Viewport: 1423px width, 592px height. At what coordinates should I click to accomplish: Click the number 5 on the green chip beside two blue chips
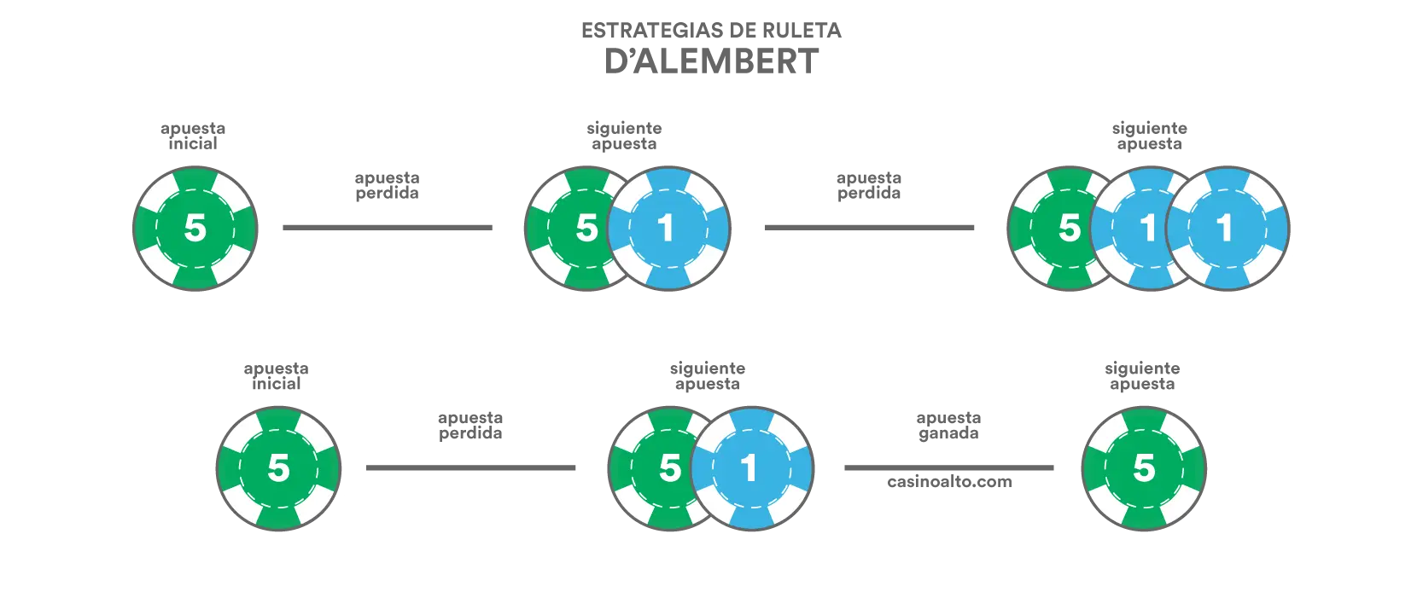1070,228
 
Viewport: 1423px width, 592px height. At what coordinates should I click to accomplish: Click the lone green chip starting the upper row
195,228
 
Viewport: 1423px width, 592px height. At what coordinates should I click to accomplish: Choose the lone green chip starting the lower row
278,468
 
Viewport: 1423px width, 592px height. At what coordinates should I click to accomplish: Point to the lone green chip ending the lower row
1144,468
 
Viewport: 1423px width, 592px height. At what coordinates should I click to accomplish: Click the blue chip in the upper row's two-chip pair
668,228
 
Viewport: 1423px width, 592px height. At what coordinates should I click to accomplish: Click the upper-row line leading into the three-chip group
870,225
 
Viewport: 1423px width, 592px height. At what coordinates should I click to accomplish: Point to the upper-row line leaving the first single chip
389,225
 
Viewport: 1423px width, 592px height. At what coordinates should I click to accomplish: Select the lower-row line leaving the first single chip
471,467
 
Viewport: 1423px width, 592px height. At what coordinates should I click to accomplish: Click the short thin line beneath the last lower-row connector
952,485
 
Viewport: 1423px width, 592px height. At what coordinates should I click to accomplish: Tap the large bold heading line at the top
709,62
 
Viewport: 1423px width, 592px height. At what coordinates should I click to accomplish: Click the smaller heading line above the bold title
713,32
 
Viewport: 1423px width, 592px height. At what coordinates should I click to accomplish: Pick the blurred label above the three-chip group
1147,136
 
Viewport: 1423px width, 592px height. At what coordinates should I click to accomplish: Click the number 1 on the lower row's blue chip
749,468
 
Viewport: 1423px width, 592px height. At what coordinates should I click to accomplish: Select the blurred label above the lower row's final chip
1140,377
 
